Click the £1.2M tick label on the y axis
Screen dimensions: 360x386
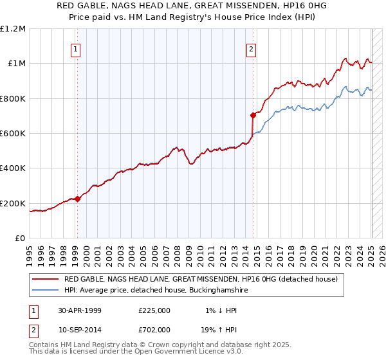pos(13,28)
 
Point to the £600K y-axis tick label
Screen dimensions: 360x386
pos(13,134)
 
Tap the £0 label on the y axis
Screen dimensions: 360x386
pos(21,239)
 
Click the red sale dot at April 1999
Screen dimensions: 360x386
pos(78,199)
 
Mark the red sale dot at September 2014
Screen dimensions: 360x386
pos(253,115)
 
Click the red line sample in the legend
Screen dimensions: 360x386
pos(46,280)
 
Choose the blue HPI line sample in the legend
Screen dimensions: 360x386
pos(46,291)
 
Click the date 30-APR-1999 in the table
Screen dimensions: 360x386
pos(80,310)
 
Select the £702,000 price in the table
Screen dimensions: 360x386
pos(154,330)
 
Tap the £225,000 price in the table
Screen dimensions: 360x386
pos(154,310)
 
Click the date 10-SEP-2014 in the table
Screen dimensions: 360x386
pos(80,330)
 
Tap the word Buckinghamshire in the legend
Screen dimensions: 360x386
pos(209,291)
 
